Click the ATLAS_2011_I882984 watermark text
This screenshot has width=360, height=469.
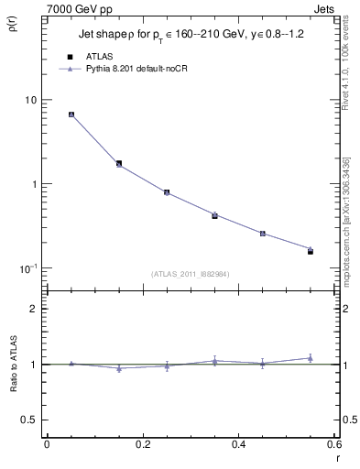click(190, 274)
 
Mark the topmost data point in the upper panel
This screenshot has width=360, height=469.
click(71, 115)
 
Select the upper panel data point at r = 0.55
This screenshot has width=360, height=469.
click(310, 250)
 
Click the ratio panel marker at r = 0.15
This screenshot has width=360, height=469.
click(119, 368)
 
